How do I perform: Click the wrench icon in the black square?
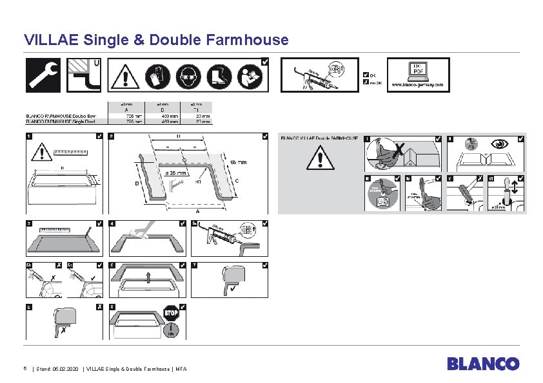(43, 75)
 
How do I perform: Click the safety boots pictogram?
(221, 76)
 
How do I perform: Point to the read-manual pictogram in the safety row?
(251, 76)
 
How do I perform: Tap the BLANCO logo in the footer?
(483, 364)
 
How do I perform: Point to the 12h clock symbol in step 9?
(172, 331)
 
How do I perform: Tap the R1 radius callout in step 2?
(200, 182)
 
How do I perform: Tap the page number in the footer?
(25, 368)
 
